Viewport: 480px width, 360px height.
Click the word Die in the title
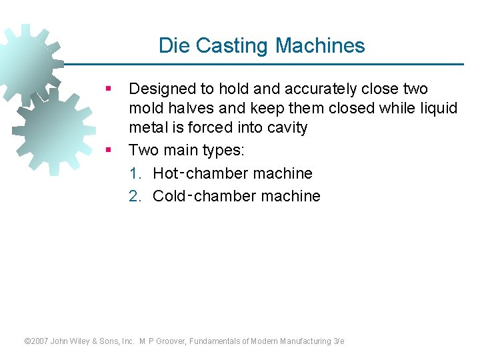172,45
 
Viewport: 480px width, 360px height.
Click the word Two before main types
142,149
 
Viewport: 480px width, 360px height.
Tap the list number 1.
135,174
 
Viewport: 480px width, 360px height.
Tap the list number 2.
135,197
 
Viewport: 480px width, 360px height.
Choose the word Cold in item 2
170,197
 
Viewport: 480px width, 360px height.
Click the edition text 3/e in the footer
339,341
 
